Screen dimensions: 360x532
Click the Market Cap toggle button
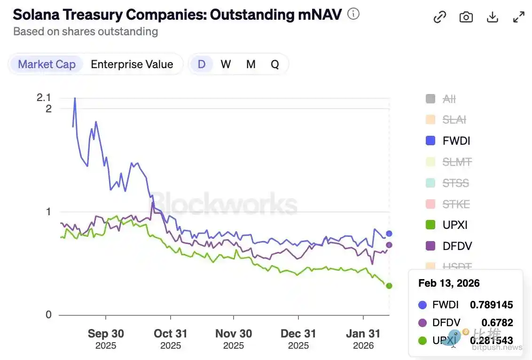(x=47, y=64)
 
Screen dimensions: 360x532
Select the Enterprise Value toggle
(x=132, y=64)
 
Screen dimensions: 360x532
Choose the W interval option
(x=226, y=64)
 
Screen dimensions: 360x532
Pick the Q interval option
(x=275, y=64)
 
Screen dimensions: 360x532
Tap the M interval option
(x=251, y=64)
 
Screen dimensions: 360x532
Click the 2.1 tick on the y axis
(x=44, y=98)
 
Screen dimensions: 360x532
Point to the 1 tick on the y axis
(x=48, y=211)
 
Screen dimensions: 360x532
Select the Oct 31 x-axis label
(x=171, y=334)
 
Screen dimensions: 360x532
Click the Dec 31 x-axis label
(x=298, y=334)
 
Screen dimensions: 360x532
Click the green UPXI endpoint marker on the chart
(x=389, y=286)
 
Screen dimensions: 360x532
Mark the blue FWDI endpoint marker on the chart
(x=389, y=234)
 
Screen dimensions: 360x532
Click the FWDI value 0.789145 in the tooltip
(x=491, y=305)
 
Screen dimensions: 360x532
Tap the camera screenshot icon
(x=466, y=17)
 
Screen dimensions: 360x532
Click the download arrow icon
(x=492, y=17)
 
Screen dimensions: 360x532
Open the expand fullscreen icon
(x=519, y=17)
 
